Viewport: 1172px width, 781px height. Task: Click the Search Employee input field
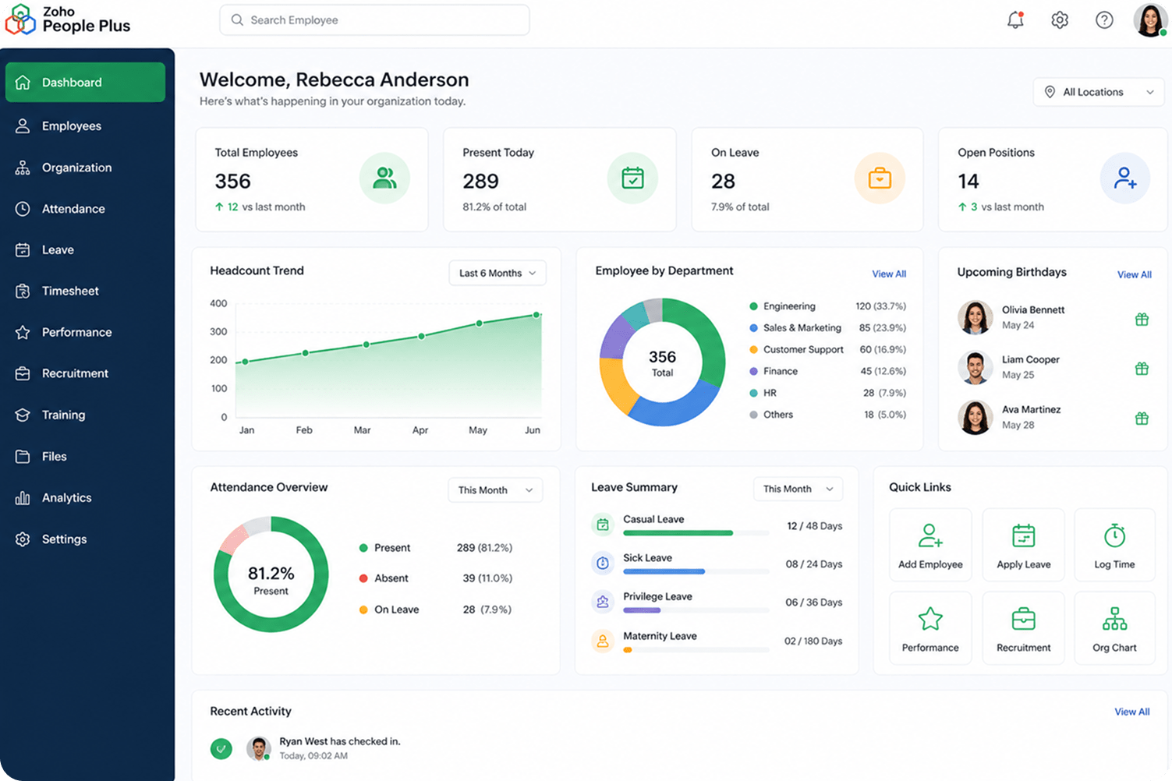click(374, 20)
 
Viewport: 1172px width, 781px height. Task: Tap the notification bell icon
click(1015, 20)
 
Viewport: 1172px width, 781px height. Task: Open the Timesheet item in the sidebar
click(70, 291)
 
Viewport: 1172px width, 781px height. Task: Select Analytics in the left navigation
click(66, 497)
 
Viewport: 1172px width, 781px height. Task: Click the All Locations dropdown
click(1099, 92)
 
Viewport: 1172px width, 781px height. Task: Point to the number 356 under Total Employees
click(233, 181)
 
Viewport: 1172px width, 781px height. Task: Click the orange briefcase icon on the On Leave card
click(880, 178)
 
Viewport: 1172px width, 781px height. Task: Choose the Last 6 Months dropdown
click(497, 273)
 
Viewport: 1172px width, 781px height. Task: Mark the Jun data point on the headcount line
click(536, 315)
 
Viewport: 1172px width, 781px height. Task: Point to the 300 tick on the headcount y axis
click(218, 331)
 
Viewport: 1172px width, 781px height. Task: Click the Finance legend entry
click(773, 371)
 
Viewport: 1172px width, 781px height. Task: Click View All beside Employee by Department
click(889, 274)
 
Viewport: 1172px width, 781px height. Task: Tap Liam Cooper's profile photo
click(975, 367)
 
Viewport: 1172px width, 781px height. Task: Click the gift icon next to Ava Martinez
click(1142, 418)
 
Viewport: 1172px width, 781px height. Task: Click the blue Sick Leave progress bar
click(664, 572)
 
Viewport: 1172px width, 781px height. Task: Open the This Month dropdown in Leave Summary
click(798, 489)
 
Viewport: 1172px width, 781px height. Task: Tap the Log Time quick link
click(1114, 545)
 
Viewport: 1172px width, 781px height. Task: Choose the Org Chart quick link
click(1114, 628)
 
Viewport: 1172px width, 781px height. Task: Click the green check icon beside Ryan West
click(221, 748)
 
